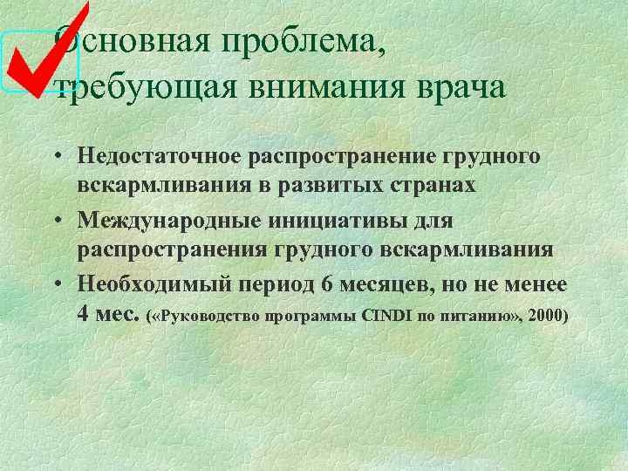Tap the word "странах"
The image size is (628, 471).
[x=438, y=185]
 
